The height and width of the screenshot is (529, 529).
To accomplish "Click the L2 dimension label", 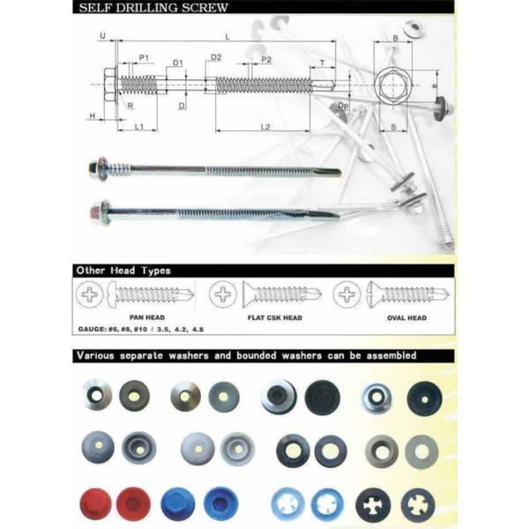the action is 265,127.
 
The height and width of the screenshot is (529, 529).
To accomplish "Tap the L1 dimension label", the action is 139,127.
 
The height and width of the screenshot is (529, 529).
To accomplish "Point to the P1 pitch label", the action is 144,57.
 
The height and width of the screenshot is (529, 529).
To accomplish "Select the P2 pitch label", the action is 266,60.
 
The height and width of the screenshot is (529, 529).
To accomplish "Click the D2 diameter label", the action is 216,57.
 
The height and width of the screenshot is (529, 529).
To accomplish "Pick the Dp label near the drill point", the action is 343,106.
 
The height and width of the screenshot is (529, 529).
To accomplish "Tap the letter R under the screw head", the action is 130,106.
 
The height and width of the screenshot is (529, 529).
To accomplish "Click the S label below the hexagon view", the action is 394,127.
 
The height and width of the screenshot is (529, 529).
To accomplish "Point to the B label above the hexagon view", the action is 396,39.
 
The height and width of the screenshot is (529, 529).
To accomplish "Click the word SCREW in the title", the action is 205,8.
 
